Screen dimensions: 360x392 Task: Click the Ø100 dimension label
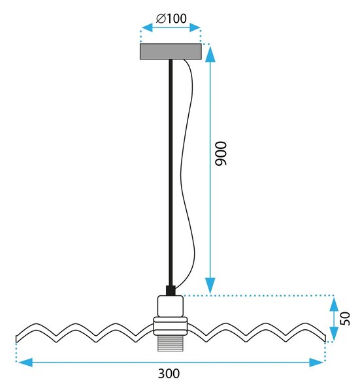coord(171,18)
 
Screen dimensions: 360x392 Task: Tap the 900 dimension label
coord(221,154)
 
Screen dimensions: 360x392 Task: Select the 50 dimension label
coord(346,319)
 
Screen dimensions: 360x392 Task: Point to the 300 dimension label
coord(169,374)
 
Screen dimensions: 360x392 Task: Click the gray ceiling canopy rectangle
coord(171,52)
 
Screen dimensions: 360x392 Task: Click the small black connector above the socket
coord(171,291)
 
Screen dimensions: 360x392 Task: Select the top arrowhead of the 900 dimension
coord(210,54)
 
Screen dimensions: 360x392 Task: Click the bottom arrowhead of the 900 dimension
coord(210,286)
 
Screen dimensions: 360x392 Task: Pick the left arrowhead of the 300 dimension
coord(25,362)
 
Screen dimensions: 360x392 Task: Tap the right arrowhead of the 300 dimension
coord(316,362)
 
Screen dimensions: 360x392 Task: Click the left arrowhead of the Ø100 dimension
coord(147,27)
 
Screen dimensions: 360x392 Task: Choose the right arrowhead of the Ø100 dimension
coord(195,27)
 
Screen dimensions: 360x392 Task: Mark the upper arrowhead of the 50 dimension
coord(334,304)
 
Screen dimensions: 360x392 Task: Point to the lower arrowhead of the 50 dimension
coord(334,334)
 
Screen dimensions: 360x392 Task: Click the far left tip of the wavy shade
coord(16,339)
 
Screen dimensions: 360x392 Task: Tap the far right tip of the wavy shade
coord(325,338)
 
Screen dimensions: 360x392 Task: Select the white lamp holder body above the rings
coord(171,306)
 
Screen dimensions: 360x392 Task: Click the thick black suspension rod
coord(171,172)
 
